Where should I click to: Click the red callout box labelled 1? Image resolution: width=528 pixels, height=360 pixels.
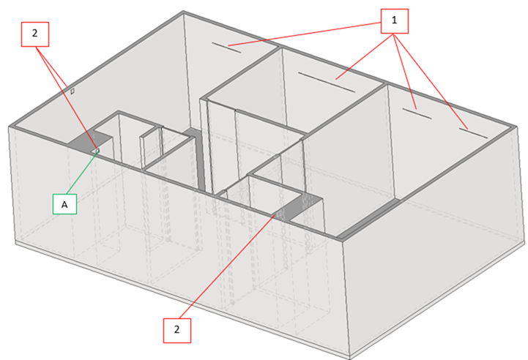[x=394, y=21]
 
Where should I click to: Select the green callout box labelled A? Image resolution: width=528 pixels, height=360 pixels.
[x=64, y=204]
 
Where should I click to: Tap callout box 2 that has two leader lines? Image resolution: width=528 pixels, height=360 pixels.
[x=35, y=34]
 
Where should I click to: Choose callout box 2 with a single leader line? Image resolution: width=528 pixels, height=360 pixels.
[x=177, y=331]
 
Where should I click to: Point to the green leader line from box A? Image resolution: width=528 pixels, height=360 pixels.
[x=83, y=172]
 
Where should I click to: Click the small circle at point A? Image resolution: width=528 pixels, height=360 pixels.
[x=97, y=150]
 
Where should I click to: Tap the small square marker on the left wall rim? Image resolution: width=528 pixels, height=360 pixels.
[x=72, y=91]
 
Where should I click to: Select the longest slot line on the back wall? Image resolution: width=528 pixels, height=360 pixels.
[x=327, y=82]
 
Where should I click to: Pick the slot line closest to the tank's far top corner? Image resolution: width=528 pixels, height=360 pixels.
[x=226, y=48]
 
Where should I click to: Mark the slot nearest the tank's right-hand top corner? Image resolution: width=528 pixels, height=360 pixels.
[x=473, y=133]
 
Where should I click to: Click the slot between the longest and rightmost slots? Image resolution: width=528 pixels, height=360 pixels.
[x=417, y=113]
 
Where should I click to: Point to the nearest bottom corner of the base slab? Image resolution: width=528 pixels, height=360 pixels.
[x=350, y=359]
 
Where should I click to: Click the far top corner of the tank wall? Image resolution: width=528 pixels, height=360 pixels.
[x=184, y=12]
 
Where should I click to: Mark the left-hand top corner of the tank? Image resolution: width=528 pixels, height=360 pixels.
[x=10, y=127]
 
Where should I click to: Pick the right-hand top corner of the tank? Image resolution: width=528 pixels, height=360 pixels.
[x=516, y=127]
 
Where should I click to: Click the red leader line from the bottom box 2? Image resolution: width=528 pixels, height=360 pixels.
[x=227, y=266]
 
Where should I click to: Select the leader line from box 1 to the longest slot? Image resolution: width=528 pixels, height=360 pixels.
[x=365, y=56]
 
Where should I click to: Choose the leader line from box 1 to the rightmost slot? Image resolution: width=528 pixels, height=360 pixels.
[x=431, y=81]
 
